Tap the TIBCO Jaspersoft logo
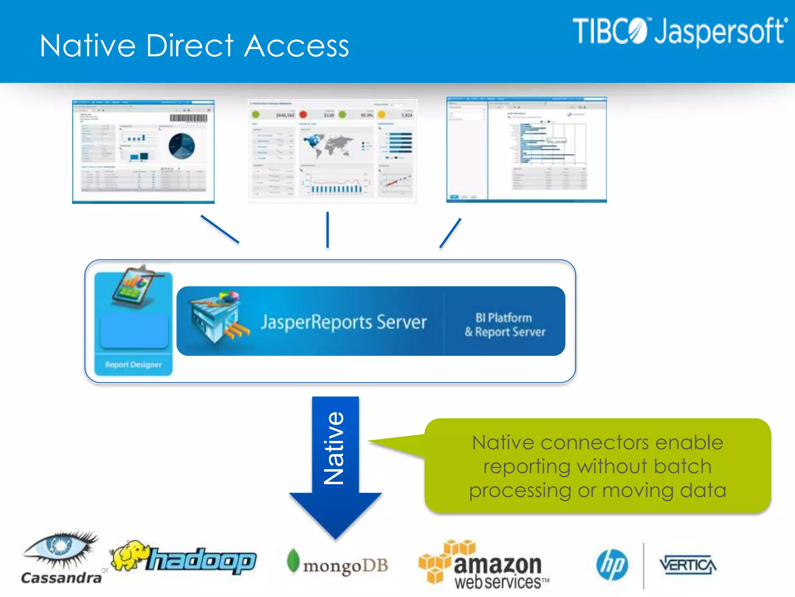679,31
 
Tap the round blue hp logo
612,565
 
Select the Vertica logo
687,565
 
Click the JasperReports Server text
344,322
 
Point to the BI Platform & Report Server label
505,325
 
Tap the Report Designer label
133,365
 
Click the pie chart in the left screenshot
182,146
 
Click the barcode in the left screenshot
189,118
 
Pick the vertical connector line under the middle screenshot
328,229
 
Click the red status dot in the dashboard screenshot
303,114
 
